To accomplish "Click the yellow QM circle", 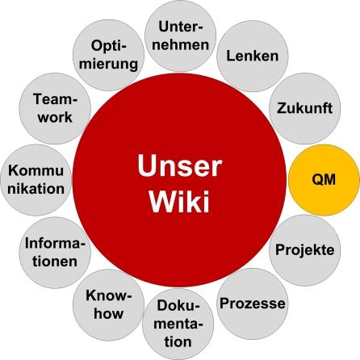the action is click(324, 180).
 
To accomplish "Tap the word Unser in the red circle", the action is click(180, 166).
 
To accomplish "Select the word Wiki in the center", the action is click(179, 201).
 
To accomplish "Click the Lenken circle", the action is click(253, 56).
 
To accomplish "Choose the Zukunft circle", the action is click(305, 108).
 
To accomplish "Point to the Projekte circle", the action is click(305, 250).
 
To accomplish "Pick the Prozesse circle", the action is click(253, 303).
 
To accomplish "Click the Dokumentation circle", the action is click(178, 324).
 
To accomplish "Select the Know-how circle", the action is click(108, 305).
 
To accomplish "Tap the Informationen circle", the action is click(55, 253).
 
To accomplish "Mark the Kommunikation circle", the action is click(36, 180).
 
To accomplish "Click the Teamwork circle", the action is click(55, 108).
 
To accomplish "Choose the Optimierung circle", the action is click(108, 55).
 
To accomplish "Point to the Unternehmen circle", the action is click(180, 36).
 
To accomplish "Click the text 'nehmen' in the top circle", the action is click(180, 44).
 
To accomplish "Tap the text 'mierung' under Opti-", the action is click(108, 65).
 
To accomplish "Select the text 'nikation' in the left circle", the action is click(36, 188).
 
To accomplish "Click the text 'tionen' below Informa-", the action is click(55, 262).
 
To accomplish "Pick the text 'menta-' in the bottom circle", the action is click(178, 324).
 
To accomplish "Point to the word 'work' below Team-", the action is click(55, 117).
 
